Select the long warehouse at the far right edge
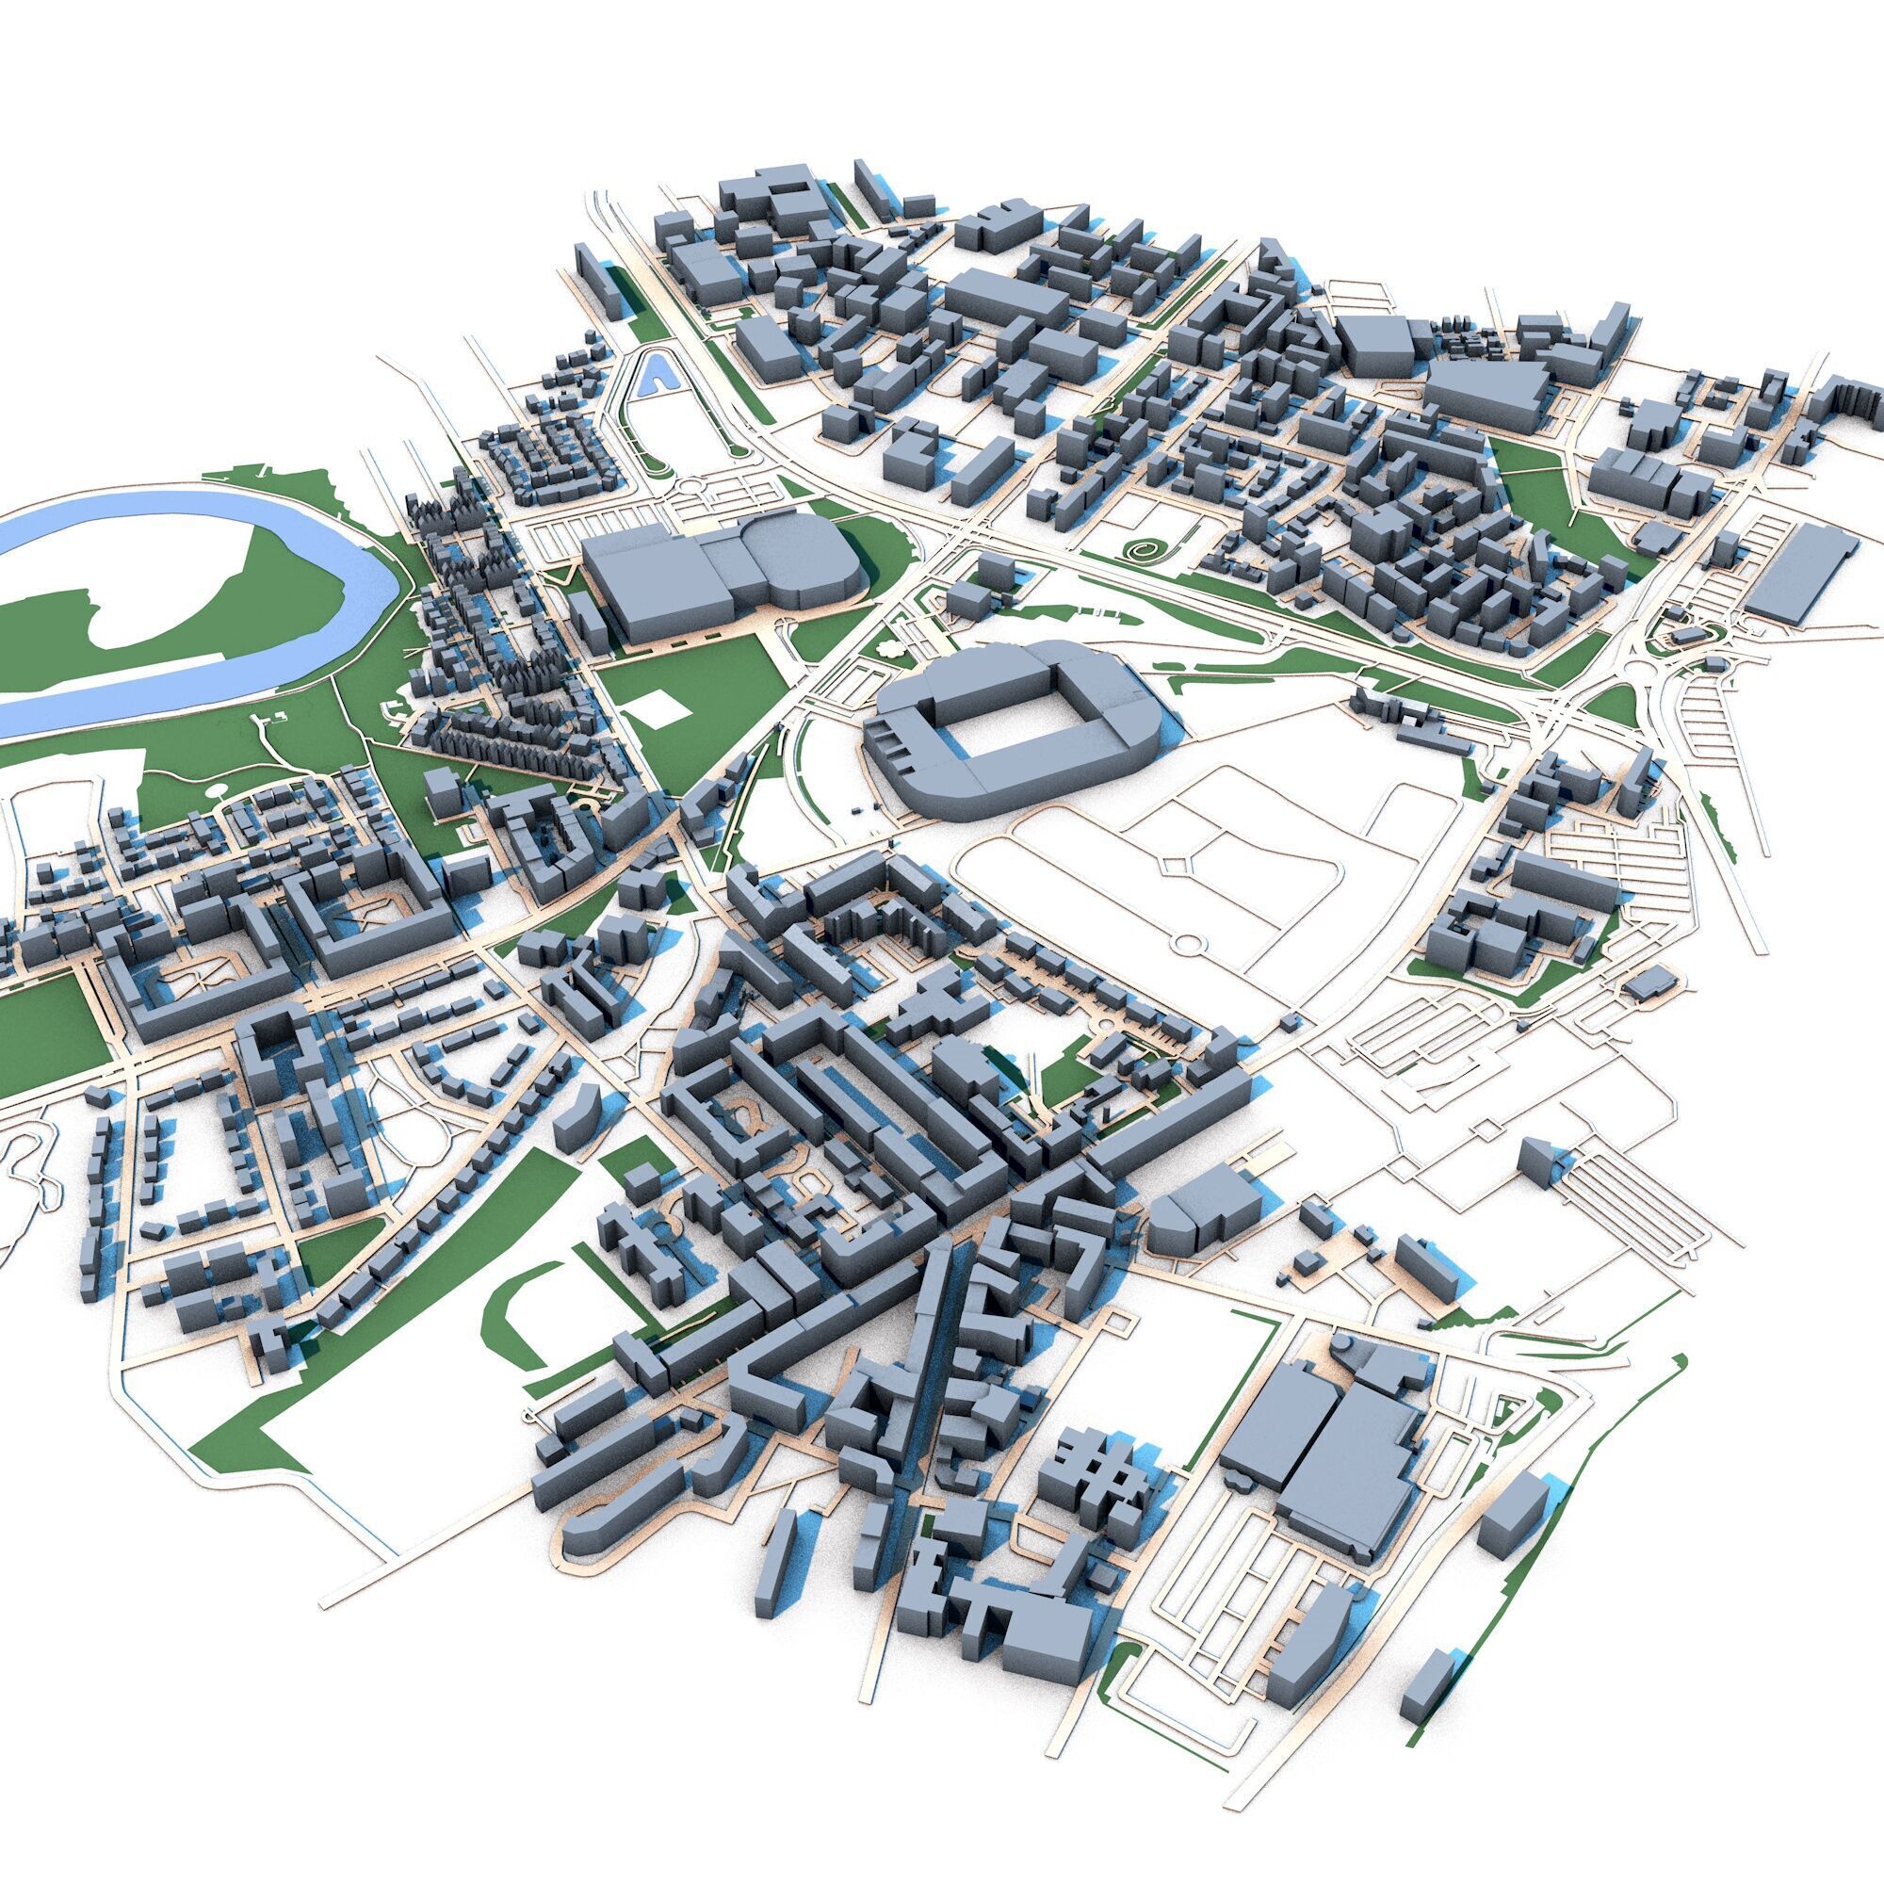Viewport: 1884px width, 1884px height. coord(1800,575)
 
